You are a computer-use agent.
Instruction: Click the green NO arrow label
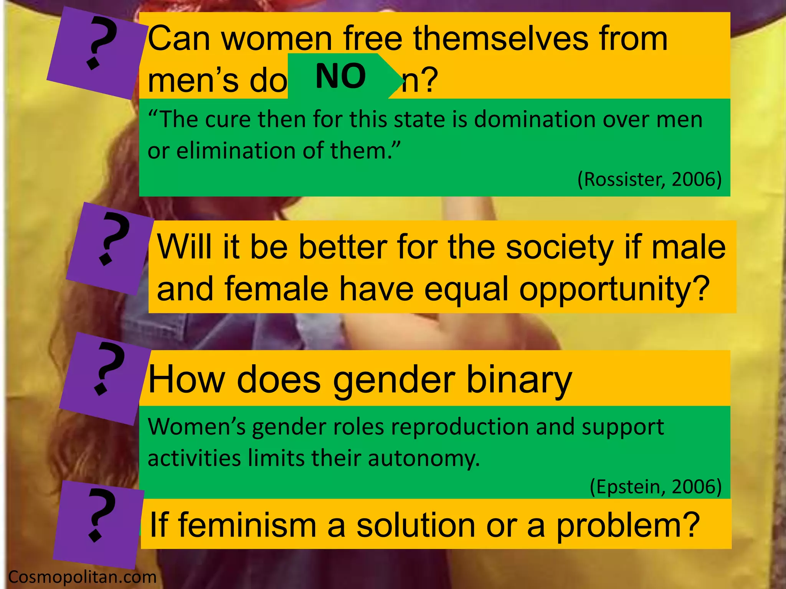[341, 76]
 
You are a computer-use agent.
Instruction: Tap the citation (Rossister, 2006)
[649, 179]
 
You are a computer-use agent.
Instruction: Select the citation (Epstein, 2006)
[656, 486]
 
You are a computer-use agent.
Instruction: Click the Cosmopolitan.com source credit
[82, 577]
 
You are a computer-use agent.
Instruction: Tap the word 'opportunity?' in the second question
[614, 290]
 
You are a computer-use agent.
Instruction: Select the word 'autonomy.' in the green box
[424, 458]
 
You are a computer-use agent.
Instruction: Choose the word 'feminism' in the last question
[248, 525]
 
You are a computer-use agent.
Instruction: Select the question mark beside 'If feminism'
[100, 516]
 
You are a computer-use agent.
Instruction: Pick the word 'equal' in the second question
[466, 290]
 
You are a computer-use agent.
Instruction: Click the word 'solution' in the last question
[416, 525]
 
